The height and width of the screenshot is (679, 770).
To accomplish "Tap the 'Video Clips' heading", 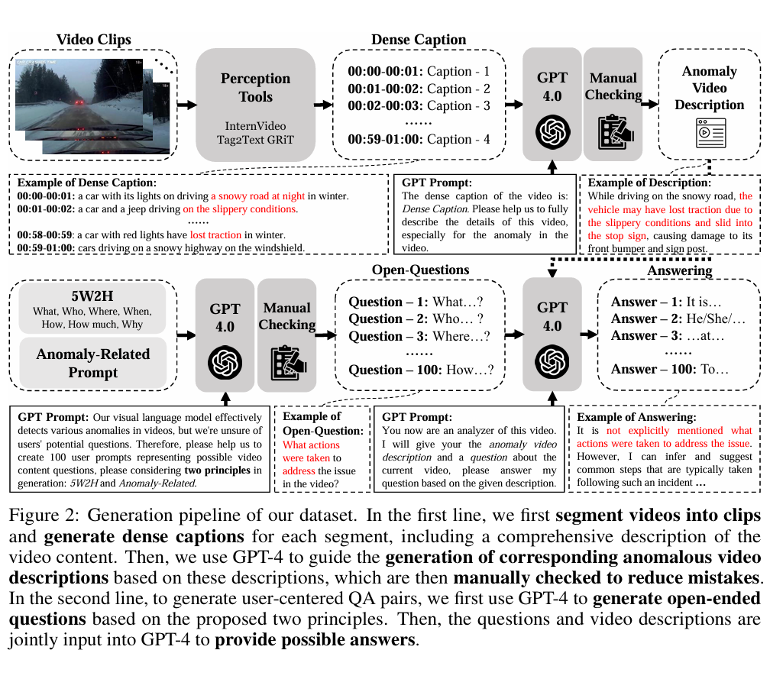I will [94, 39].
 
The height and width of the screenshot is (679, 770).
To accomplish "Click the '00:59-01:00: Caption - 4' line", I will [419, 139].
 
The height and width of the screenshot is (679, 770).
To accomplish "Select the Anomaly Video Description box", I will [709, 103].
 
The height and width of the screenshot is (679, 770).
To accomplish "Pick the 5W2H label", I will [93, 296].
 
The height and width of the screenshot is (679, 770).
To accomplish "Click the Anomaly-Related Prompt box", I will [93, 363].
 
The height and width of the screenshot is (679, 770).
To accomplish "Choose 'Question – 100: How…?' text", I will [421, 370].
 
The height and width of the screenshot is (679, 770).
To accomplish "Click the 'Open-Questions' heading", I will [420, 270].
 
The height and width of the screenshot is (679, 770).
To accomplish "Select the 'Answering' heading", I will [679, 270].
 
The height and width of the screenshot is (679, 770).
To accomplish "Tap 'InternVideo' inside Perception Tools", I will [255, 125].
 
